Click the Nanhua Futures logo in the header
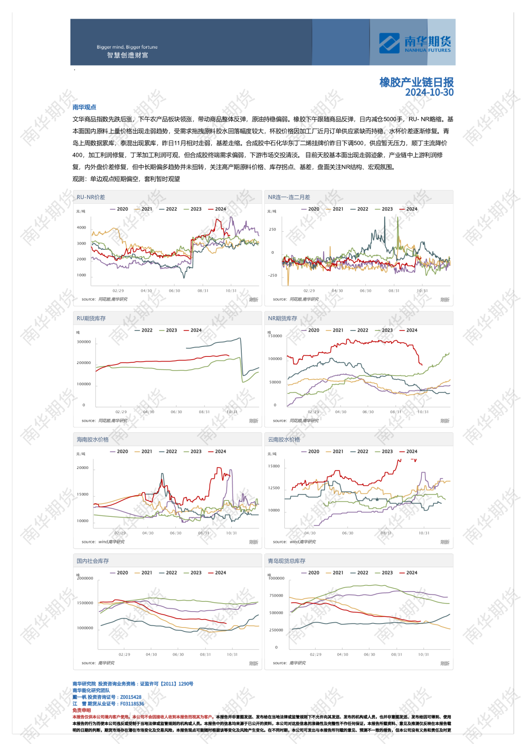[x=414, y=43]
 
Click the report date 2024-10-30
[x=429, y=93]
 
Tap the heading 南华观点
[x=84, y=107]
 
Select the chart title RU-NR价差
[x=91, y=197]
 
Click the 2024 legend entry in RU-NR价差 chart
[x=217, y=209]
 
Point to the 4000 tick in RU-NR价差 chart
[x=81, y=228]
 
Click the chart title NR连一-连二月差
[x=289, y=197]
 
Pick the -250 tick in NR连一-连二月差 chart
[x=272, y=275]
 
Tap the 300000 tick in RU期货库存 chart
[x=84, y=342]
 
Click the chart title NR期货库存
[x=282, y=318]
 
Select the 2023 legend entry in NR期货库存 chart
[x=384, y=330]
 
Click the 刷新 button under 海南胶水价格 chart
[x=253, y=542]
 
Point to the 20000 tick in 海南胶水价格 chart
[x=82, y=468]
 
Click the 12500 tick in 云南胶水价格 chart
[x=274, y=488]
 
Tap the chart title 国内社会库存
[x=93, y=561]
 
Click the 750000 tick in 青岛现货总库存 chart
[x=276, y=596]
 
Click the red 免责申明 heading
[x=81, y=710]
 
